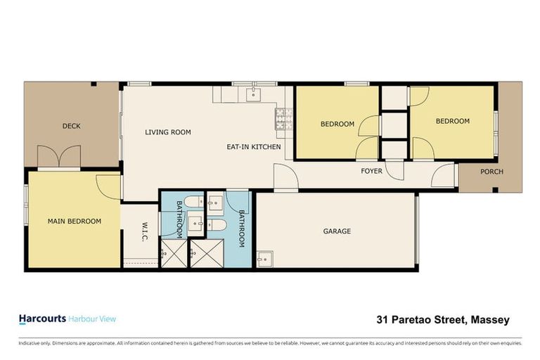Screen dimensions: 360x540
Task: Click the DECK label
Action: [x=71, y=127]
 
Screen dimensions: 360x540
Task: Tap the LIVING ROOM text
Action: [x=168, y=132]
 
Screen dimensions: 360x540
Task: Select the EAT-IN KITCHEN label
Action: [x=253, y=147]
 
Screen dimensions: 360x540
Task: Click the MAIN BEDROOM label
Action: [x=74, y=221]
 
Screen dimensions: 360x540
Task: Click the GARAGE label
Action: [x=336, y=231]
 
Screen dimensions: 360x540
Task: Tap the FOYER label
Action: [x=371, y=171]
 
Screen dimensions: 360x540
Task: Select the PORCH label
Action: [x=491, y=172]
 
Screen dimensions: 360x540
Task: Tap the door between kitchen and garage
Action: [x=285, y=176]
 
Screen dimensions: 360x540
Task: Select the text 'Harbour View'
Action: [x=92, y=319]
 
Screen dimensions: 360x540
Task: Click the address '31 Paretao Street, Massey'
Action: [x=442, y=320]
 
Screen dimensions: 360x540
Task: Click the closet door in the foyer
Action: [x=397, y=171]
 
